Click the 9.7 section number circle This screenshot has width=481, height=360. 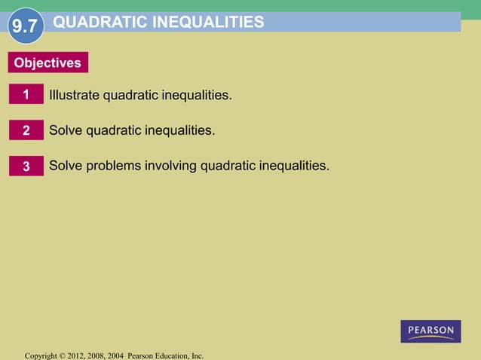pyautogui.click(x=24, y=28)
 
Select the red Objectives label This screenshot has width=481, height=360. pyautogui.click(x=47, y=63)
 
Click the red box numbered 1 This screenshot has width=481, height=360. pyautogui.click(x=26, y=96)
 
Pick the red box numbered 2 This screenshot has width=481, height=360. pyautogui.click(x=26, y=130)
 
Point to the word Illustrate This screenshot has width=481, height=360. pyautogui.click(x=74, y=96)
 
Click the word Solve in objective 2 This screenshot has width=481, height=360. pyautogui.click(x=66, y=130)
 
